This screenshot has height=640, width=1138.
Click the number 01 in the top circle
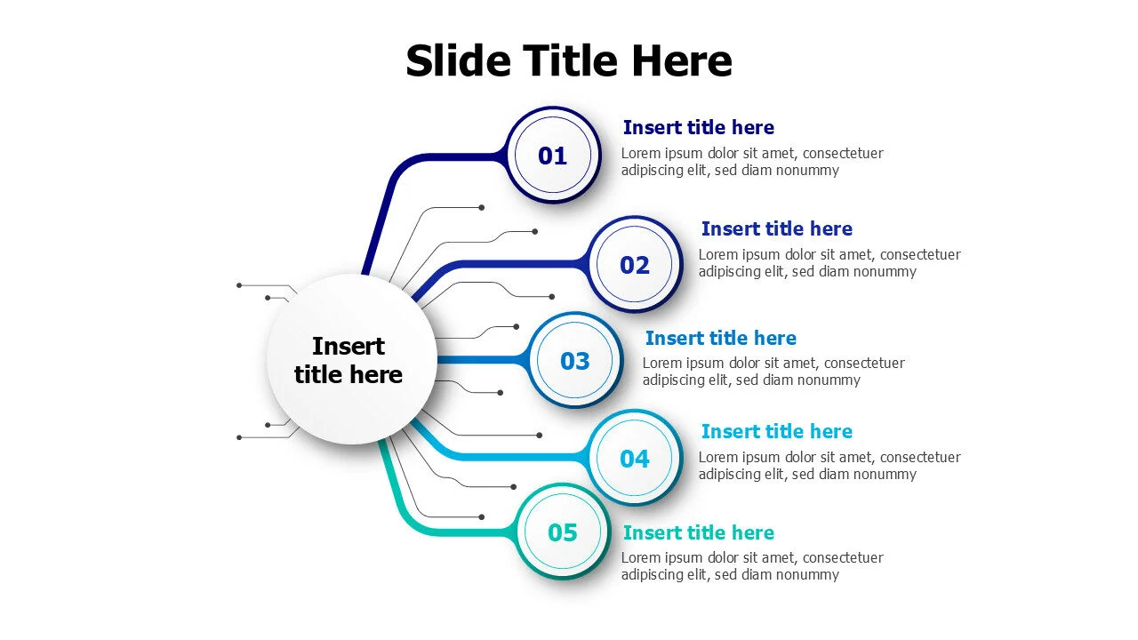tap(552, 156)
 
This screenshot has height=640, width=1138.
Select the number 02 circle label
tap(635, 265)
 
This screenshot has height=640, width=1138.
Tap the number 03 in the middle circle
tap(574, 361)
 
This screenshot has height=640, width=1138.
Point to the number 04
tap(635, 459)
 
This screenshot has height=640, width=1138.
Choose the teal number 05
tap(563, 532)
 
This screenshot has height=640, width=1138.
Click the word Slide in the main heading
tap(458, 60)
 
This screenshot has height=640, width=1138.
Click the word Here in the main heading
tap(682, 60)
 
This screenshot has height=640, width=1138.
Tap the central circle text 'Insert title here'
tap(348, 361)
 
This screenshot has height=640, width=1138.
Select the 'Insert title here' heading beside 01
tap(699, 127)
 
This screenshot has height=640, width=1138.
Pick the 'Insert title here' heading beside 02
tap(777, 229)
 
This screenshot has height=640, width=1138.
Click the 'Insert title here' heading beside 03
tap(721, 339)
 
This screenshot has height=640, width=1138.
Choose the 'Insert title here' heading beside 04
tap(777, 432)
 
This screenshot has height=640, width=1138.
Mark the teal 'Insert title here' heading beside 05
tap(699, 532)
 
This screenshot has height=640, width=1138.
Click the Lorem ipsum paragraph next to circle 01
tap(752, 162)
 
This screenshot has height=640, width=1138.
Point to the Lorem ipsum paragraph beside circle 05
tap(752, 566)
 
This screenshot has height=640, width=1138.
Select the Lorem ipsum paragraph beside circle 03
tap(773, 372)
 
